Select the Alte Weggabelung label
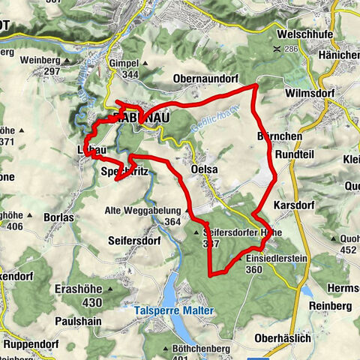[143, 211]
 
